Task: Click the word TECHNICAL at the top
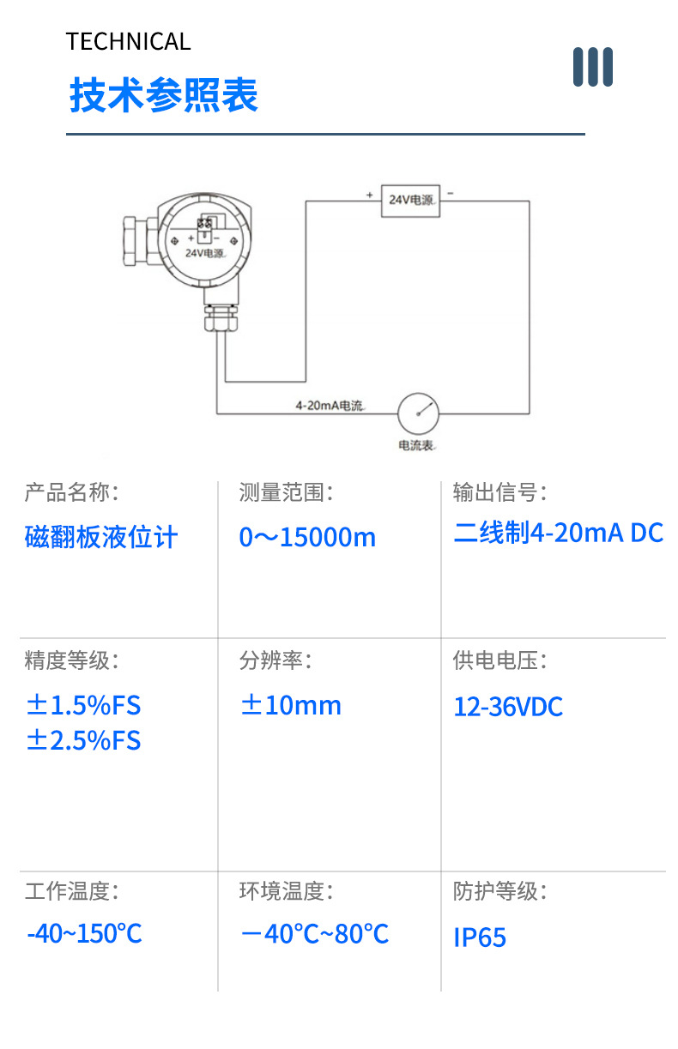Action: pyautogui.click(x=128, y=41)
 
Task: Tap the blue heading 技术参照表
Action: pyautogui.click(x=164, y=95)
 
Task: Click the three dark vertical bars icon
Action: pyautogui.click(x=592, y=67)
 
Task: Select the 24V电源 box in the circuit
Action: pyautogui.click(x=410, y=201)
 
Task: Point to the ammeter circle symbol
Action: pyautogui.click(x=418, y=413)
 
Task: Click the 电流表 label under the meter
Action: pyautogui.click(x=416, y=445)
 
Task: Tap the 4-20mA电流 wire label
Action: pyautogui.click(x=330, y=405)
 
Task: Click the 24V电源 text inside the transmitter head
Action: pyautogui.click(x=204, y=253)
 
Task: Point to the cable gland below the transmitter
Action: pyautogui.click(x=221, y=317)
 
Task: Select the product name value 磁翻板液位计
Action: pyautogui.click(x=101, y=537)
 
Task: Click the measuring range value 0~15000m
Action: pyautogui.click(x=307, y=537)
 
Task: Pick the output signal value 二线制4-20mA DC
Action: pyautogui.click(x=559, y=533)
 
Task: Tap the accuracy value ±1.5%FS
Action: pyautogui.click(x=83, y=705)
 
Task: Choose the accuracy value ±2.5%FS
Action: pyautogui.click(x=83, y=740)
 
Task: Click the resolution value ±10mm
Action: pyautogui.click(x=291, y=705)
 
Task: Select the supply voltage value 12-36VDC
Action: pyautogui.click(x=508, y=706)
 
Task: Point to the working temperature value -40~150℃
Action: pyautogui.click(x=84, y=933)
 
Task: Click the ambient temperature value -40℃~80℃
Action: pyautogui.click(x=315, y=933)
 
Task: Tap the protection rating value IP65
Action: pyautogui.click(x=480, y=937)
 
